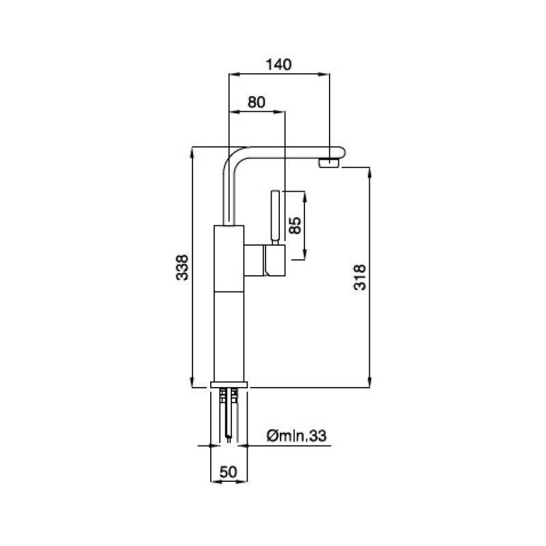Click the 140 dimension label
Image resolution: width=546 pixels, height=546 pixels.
click(278, 64)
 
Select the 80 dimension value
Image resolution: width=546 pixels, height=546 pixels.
click(257, 102)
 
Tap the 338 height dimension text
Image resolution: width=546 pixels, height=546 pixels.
click(182, 268)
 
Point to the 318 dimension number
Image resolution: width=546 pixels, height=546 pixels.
click(360, 278)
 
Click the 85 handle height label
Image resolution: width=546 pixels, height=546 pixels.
click(295, 225)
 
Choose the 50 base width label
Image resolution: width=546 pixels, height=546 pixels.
click(229, 472)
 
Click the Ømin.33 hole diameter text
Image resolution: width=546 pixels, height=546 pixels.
click(297, 435)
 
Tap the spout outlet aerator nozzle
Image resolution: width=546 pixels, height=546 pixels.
click(329, 162)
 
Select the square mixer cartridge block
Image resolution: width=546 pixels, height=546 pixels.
click(265, 260)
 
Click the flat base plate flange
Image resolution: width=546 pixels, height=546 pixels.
click(229, 385)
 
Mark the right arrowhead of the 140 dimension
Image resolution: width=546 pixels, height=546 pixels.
click(324, 74)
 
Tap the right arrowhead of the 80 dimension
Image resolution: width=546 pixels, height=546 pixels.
click(280, 112)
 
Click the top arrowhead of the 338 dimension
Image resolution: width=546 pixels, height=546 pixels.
click(192, 153)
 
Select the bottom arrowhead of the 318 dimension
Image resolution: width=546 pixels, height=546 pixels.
click(369, 382)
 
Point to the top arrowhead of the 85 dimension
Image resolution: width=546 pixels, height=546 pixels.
click(305, 197)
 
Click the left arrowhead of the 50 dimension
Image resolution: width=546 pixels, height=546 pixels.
click(216, 482)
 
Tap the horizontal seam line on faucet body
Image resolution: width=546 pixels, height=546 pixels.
click(229, 291)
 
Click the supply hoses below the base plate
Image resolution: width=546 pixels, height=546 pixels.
click(229, 414)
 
